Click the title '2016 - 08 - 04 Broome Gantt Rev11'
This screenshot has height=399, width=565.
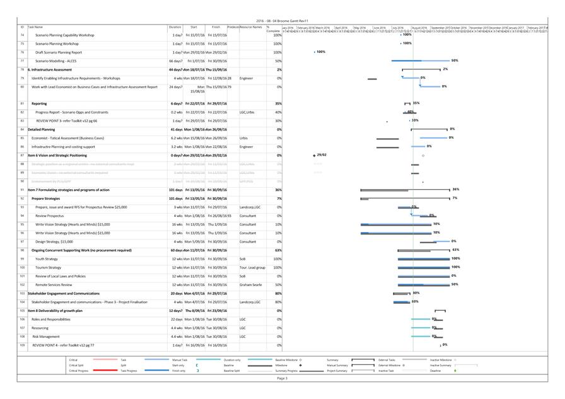tap(282, 21)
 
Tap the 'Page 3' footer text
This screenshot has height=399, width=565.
tap(282, 378)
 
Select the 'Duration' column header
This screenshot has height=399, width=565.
tap(175, 27)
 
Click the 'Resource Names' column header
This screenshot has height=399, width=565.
tap(251, 27)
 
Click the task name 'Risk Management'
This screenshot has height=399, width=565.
tap(45, 337)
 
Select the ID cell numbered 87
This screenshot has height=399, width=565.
tap(22, 155)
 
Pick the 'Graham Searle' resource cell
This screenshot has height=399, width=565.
tap(250, 284)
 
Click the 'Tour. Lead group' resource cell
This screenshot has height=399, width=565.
tap(252, 267)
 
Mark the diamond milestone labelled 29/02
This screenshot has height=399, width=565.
tap(314, 155)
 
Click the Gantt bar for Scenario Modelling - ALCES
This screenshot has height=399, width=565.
tap(420, 61)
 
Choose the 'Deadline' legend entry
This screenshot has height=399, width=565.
tap(436, 371)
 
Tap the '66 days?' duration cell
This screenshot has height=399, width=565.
tap(176, 61)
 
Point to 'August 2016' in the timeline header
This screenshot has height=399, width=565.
tap(419, 28)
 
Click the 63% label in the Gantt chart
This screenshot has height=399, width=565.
tap(455, 250)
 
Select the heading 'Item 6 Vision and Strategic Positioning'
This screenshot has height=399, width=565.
tap(57, 155)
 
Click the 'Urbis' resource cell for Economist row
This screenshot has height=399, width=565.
tap(244, 137)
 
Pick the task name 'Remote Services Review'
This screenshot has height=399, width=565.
tap(54, 284)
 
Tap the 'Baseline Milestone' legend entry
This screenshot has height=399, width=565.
tap(287, 359)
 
